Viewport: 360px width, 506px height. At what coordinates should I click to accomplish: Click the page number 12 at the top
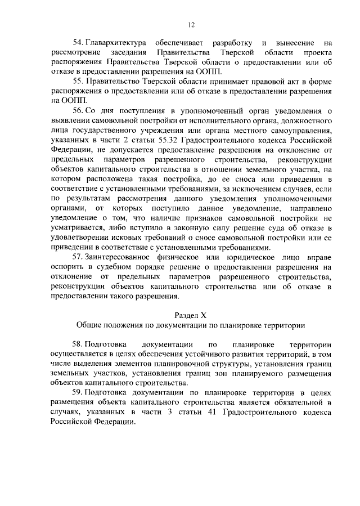[x=191, y=25]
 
